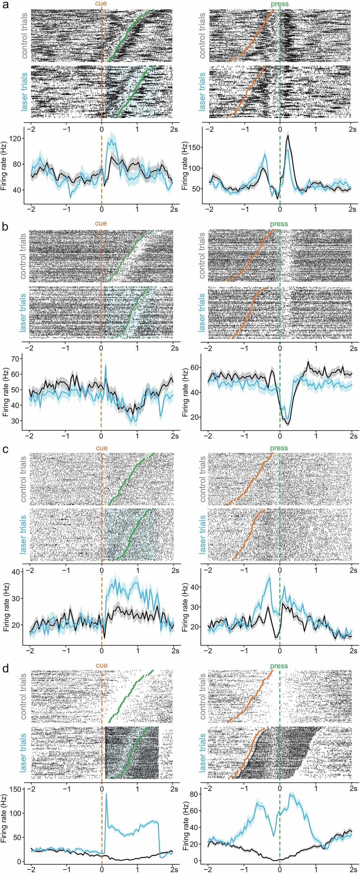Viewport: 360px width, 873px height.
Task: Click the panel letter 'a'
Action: pyautogui.click(x=5, y=5)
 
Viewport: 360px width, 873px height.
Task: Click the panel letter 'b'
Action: pyautogui.click(x=5, y=226)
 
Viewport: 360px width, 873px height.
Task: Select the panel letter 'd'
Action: pyautogui.click(x=5, y=669)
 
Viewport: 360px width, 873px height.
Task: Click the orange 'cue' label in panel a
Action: pyautogui.click(x=101, y=4)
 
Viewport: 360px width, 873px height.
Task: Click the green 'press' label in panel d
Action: pyautogui.click(x=279, y=666)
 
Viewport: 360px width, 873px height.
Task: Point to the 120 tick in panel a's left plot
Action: pyautogui.click(x=15, y=138)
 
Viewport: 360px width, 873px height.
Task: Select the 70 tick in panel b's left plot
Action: pyautogui.click(x=15, y=359)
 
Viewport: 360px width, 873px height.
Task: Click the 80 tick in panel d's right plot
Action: pyautogui.click(x=194, y=794)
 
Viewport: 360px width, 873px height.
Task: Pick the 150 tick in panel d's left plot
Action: pyautogui.click(x=15, y=789)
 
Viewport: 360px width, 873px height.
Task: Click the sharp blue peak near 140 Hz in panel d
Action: pyautogui.click(x=106, y=793)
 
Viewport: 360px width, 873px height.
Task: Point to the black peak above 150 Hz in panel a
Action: pyautogui.click(x=288, y=136)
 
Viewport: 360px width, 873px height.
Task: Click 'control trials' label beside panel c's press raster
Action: pyautogui.click(x=203, y=478)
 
